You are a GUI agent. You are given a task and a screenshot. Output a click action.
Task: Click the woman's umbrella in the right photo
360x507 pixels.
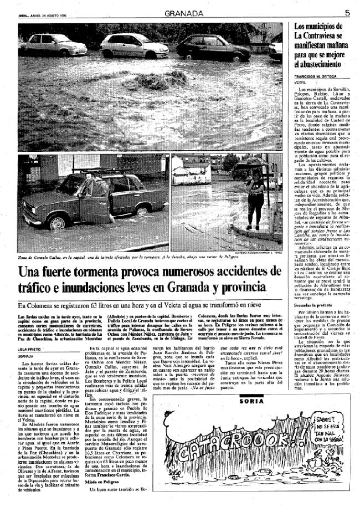[x=253, y=162]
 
